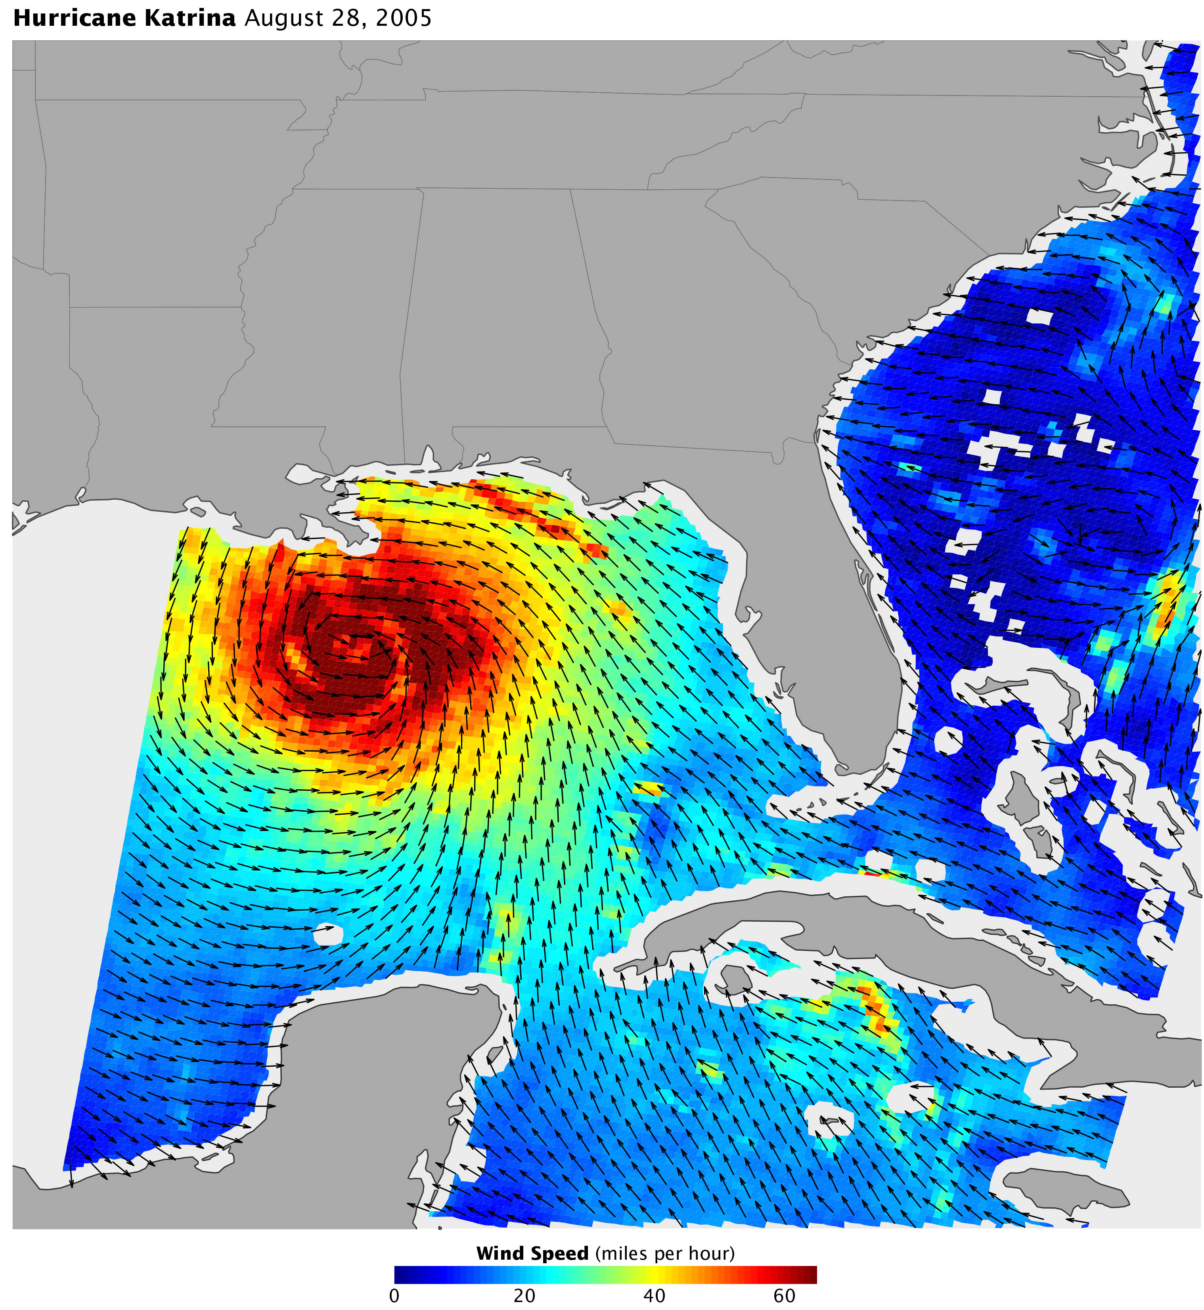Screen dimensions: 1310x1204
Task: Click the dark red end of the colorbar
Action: click(808, 1274)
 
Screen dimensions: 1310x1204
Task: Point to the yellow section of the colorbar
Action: click(655, 1274)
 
